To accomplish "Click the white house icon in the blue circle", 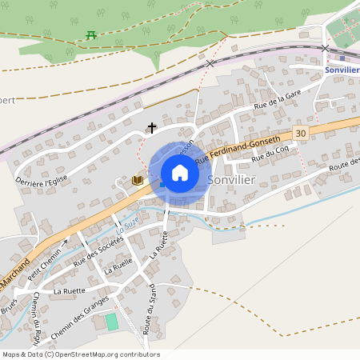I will pos(179,173).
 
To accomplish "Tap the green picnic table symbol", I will pos(90,34).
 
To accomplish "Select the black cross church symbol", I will pos(151,127).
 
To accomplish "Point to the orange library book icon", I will pos(138,181).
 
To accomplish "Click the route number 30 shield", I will pos(300,133).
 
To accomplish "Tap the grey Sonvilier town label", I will pos(231,180).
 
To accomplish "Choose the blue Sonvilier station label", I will pos(342,70).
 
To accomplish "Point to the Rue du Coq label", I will pos(270,154).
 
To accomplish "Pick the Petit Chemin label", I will pos(44,258).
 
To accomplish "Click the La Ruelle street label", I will pos(118,266).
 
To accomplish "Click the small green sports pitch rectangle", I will pos(111,322).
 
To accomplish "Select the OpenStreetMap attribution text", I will pos(81,354).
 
